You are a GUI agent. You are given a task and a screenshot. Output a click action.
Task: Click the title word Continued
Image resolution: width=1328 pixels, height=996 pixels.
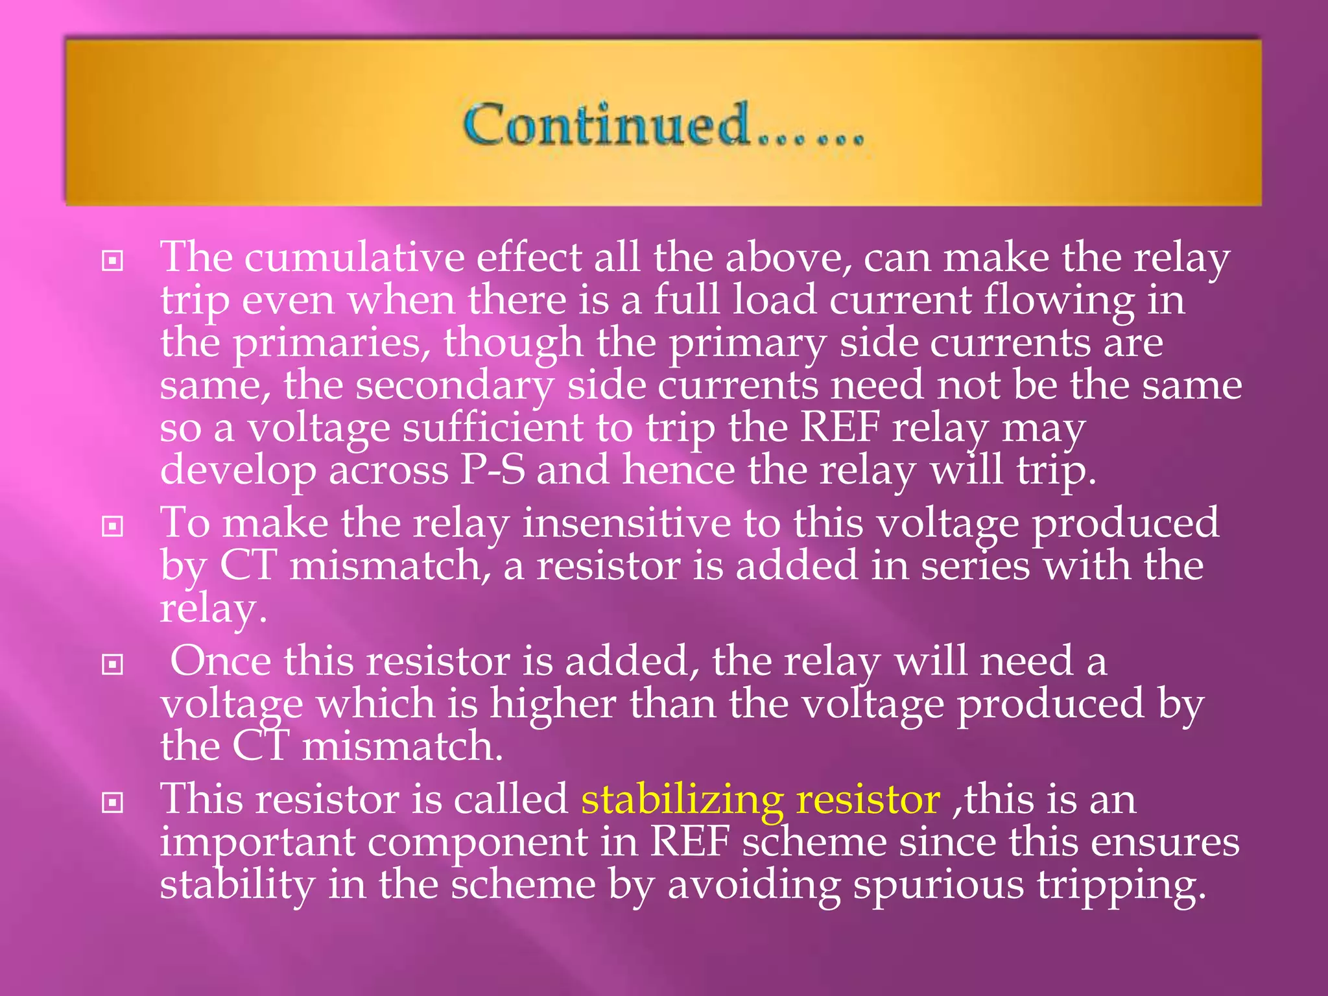point(606,124)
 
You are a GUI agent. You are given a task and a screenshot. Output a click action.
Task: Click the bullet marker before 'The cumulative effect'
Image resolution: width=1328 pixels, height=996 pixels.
point(113,261)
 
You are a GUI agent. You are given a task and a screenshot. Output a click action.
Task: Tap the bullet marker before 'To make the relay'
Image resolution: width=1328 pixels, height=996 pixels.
point(113,526)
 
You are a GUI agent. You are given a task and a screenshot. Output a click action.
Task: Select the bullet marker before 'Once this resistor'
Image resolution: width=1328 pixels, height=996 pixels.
point(113,665)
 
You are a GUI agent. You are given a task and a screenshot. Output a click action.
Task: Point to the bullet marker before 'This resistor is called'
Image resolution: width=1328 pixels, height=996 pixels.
point(113,803)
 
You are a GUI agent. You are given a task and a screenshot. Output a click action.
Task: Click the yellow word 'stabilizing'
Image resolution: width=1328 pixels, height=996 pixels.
point(682,800)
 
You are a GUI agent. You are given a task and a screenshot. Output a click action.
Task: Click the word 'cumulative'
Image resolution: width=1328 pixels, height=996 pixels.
point(354,257)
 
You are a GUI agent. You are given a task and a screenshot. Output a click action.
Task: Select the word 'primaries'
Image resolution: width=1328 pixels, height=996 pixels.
point(331,343)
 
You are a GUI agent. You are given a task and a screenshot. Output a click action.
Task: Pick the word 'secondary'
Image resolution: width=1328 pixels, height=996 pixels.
point(454,386)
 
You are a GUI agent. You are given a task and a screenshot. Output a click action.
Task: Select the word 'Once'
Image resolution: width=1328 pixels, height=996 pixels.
point(220,661)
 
